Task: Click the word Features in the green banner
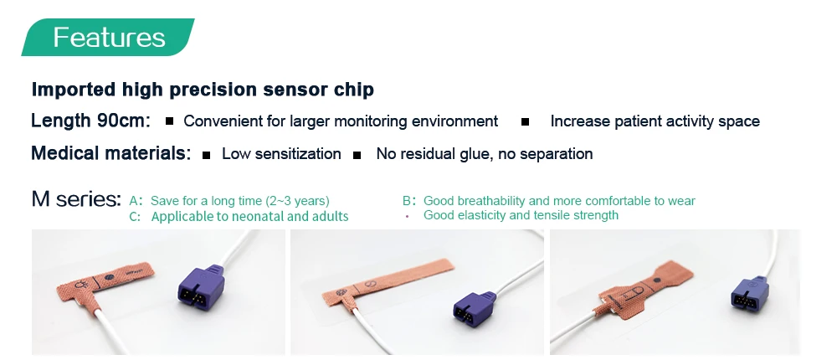coord(109,37)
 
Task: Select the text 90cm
coord(121,121)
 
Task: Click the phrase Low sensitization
coord(281,154)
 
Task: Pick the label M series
coord(76,198)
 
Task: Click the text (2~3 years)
coord(297,201)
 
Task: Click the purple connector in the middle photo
coord(475,307)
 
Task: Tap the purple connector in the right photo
coord(749,293)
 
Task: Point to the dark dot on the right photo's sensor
coord(656,280)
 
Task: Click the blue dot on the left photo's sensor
coord(109,278)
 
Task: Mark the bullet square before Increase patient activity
coord(526,121)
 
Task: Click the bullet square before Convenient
coord(169,121)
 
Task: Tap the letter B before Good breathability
coord(406,201)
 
